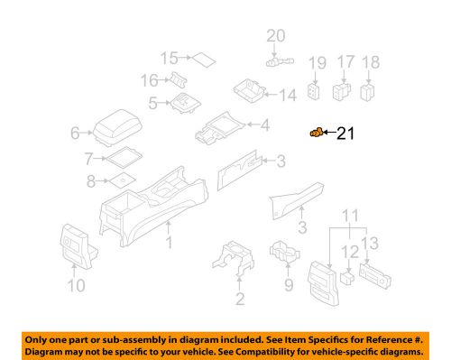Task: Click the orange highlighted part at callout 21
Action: [315, 134]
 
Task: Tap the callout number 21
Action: [347, 135]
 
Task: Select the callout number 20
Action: [274, 36]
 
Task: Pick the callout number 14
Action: [288, 95]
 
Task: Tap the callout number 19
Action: [316, 63]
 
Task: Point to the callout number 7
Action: [87, 159]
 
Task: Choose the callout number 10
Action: [75, 287]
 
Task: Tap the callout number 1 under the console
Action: [169, 245]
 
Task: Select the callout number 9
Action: [289, 287]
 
